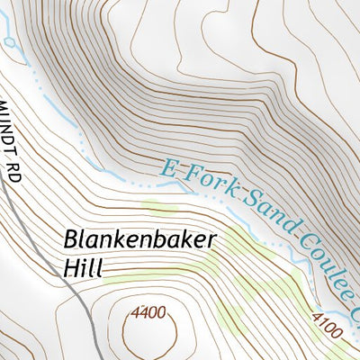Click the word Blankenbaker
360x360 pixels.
pos(128,241)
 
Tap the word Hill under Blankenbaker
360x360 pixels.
pos(84,267)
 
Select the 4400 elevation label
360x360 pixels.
pos(148,313)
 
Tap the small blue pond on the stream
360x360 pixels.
pos(9,41)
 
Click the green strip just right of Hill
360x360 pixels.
pos(126,280)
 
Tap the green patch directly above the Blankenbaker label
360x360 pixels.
pos(157,209)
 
